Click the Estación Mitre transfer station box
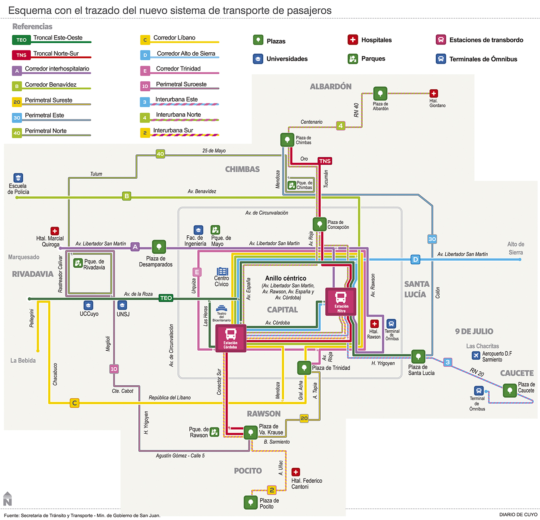(341, 302)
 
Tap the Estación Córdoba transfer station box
(231, 338)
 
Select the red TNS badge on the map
(325, 161)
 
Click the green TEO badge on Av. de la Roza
(166, 298)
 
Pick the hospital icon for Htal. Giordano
(434, 93)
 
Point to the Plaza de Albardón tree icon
(380, 94)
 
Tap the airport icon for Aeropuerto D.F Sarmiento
(476, 356)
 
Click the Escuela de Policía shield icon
(18, 178)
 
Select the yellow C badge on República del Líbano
(74, 403)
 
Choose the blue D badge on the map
(415, 260)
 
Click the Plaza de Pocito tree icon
(250, 502)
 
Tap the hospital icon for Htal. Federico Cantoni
(295, 472)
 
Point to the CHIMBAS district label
(242, 169)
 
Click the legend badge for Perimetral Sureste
(17, 102)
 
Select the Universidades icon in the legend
(258, 59)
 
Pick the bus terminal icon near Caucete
(479, 391)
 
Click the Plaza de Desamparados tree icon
(159, 247)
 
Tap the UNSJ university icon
(122, 305)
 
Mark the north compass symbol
(7, 499)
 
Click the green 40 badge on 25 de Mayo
(160, 154)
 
